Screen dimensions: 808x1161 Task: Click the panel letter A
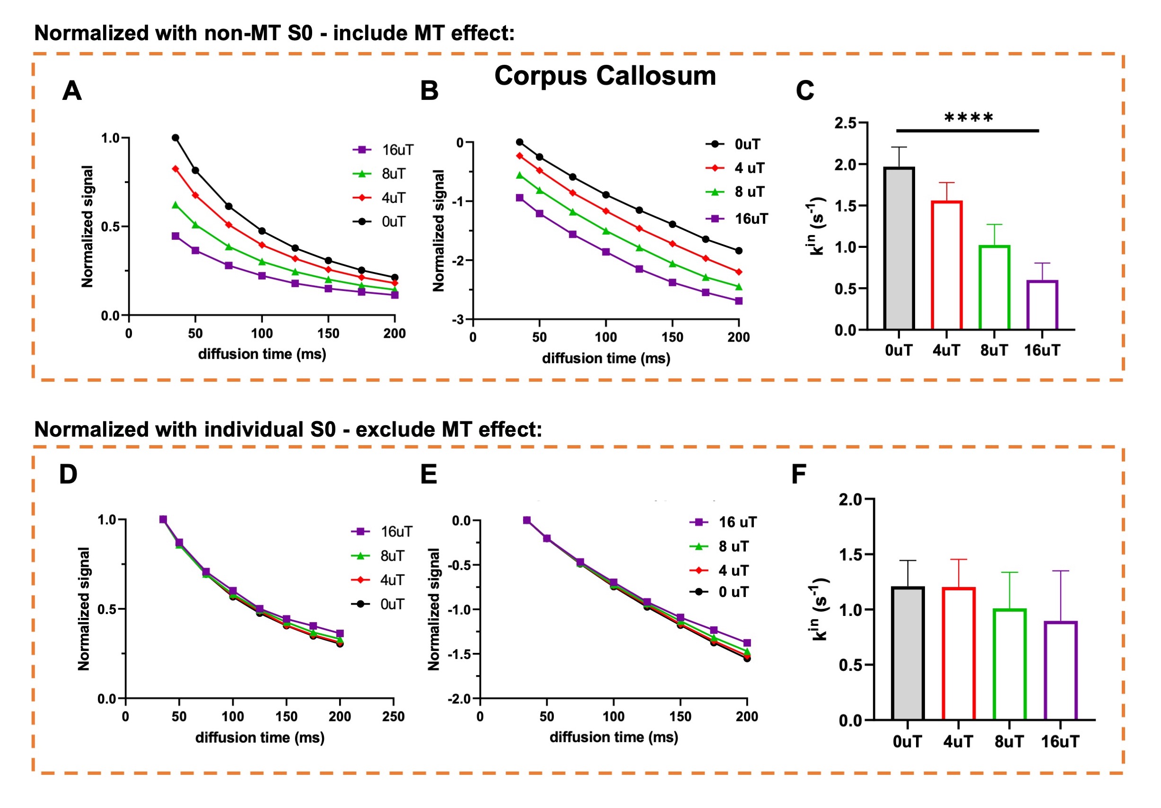pyautogui.click(x=72, y=91)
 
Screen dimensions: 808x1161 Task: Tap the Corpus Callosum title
pyautogui.click(x=605, y=76)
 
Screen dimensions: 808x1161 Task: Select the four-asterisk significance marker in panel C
pyautogui.click(x=969, y=118)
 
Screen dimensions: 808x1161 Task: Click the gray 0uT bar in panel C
pyautogui.click(x=899, y=248)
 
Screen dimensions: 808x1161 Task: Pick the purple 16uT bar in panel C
pyautogui.click(x=1042, y=305)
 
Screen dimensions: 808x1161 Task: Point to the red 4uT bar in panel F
pyautogui.click(x=958, y=653)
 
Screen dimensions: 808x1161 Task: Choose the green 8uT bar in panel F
pyautogui.click(x=1009, y=664)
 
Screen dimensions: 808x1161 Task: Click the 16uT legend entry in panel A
pyautogui.click(x=384, y=150)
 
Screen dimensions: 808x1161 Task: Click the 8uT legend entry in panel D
pyautogui.click(x=379, y=555)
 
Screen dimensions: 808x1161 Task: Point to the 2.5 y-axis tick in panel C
pyautogui.click(x=846, y=123)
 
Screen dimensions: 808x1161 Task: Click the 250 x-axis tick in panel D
pyautogui.click(x=393, y=716)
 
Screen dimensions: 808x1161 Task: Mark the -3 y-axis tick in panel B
pyautogui.click(x=458, y=320)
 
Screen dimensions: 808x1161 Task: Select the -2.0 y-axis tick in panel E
pyautogui.click(x=459, y=699)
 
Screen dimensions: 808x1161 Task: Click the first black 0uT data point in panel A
pyautogui.click(x=175, y=138)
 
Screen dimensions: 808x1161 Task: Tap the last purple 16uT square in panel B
pyautogui.click(x=739, y=301)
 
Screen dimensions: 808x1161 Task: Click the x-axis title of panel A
pyautogui.click(x=262, y=354)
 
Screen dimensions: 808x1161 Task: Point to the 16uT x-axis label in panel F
pyautogui.click(x=1060, y=742)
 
